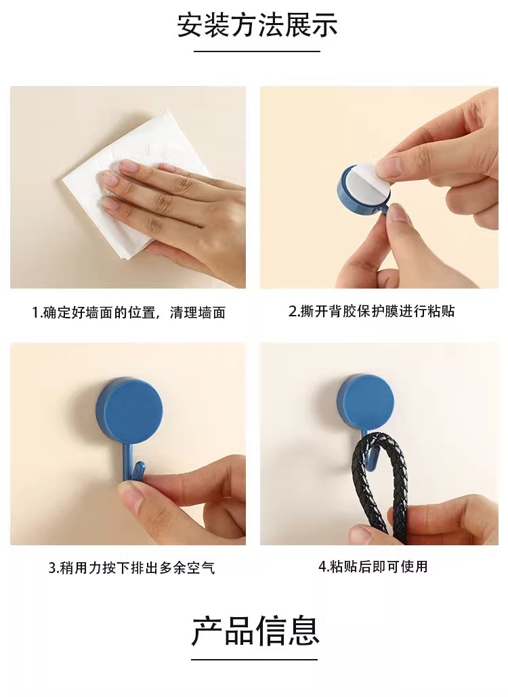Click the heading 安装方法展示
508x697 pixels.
point(257,25)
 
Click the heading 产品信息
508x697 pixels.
point(255,631)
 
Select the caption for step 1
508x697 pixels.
point(129,312)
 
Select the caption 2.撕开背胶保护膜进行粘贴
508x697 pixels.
point(372,311)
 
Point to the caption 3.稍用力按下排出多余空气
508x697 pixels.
point(131,568)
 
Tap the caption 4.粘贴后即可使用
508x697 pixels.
point(373,566)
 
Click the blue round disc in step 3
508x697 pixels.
point(129,410)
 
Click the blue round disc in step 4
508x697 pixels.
point(365,404)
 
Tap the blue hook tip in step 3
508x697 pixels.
point(140,467)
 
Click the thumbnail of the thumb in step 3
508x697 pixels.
point(131,496)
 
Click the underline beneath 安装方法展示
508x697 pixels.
point(257,51)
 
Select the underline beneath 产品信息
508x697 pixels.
point(254,660)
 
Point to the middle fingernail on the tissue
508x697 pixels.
point(110,178)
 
